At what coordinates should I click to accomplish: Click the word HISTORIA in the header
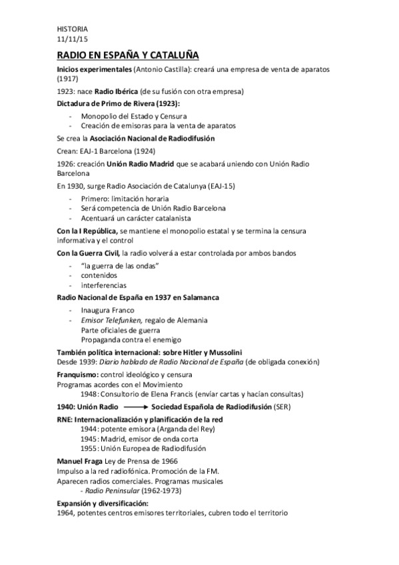(x=72, y=29)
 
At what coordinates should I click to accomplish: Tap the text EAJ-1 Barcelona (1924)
(x=119, y=151)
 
